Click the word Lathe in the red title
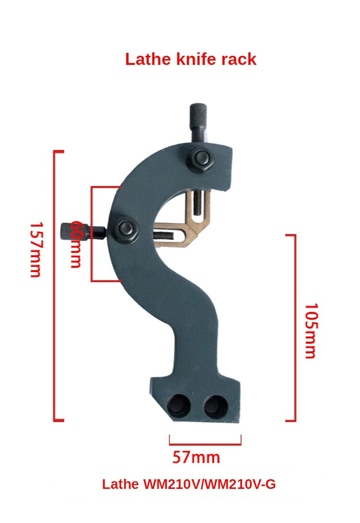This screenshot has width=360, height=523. click(x=146, y=59)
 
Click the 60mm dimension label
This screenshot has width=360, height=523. click(x=76, y=244)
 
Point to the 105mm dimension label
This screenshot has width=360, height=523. click(x=311, y=330)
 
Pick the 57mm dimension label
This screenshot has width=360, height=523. click(x=196, y=457)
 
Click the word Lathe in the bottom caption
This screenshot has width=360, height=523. click(x=120, y=484)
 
